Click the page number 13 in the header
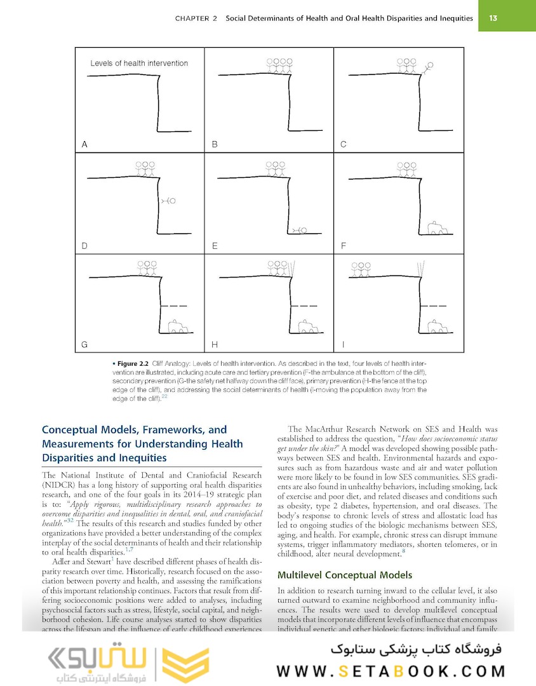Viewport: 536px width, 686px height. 493,18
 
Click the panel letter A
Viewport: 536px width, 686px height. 84,144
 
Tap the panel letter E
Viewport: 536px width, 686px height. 215,245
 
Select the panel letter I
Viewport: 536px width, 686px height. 343,345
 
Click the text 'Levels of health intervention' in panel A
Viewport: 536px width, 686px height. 139,64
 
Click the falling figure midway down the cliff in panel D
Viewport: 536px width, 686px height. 168,201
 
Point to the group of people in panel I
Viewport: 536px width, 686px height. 361,269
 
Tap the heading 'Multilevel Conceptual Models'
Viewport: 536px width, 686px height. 345,575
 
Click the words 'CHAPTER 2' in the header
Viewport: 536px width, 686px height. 196,18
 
